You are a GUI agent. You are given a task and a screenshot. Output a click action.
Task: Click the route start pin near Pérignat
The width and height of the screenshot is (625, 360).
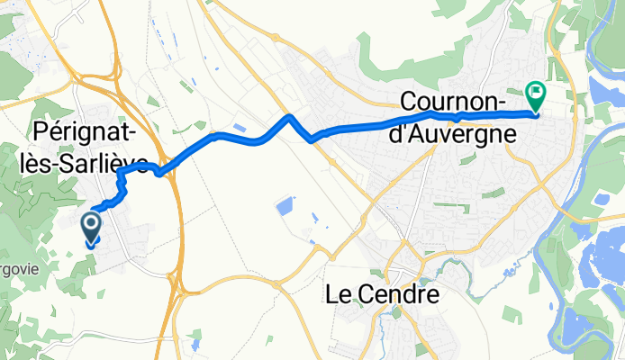point(92,229)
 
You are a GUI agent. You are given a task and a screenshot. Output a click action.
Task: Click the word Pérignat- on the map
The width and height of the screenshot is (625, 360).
point(85,132)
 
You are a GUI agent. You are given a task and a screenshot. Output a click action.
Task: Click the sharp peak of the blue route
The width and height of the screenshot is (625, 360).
point(288,116)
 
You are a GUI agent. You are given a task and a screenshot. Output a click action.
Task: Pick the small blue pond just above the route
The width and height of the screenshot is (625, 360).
point(240,128)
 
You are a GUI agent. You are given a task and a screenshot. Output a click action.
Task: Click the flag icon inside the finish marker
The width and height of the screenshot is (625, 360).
point(537,91)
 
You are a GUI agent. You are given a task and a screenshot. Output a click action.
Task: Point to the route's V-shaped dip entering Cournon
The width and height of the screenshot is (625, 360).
point(312,139)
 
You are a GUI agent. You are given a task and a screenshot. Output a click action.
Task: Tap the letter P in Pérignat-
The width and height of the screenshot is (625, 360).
point(39,132)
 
